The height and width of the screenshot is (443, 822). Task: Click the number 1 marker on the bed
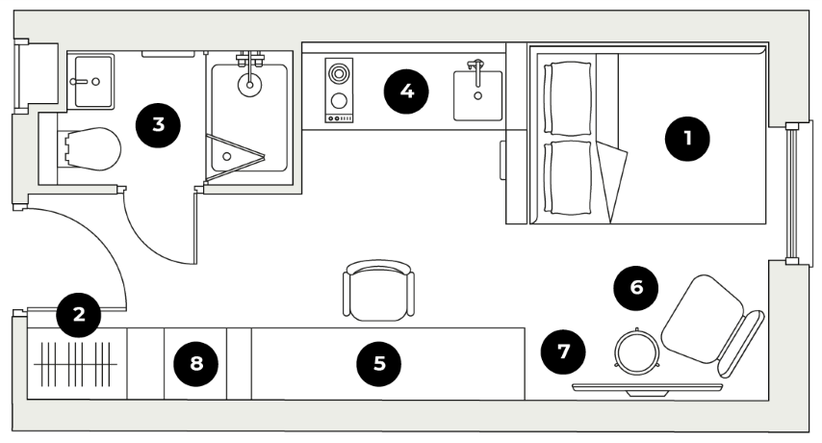coord(686,139)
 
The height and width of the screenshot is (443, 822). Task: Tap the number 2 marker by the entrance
coord(79,315)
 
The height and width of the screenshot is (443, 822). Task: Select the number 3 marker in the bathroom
coord(158,125)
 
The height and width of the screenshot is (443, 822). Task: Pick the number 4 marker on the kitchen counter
coord(406,91)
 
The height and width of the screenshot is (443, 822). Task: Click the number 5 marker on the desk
coord(378,363)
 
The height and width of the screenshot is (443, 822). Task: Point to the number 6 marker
coord(636,287)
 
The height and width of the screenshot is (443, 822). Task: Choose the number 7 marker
coord(563,352)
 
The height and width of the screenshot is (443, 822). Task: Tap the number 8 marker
coord(196,363)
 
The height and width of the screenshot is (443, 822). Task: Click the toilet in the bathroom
coord(90,149)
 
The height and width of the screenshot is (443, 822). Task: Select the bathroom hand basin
coord(93,81)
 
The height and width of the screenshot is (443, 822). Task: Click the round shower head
coord(249,85)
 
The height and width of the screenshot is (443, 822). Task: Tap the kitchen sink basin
coord(477,95)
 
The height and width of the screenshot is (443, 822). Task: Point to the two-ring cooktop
coord(339,91)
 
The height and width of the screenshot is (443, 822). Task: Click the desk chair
coord(378,289)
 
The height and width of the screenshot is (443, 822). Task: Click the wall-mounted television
coord(648,388)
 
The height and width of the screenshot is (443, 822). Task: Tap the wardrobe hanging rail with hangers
coord(75,364)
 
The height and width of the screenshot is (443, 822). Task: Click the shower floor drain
coord(226,156)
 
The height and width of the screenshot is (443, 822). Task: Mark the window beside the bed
coord(793,193)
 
